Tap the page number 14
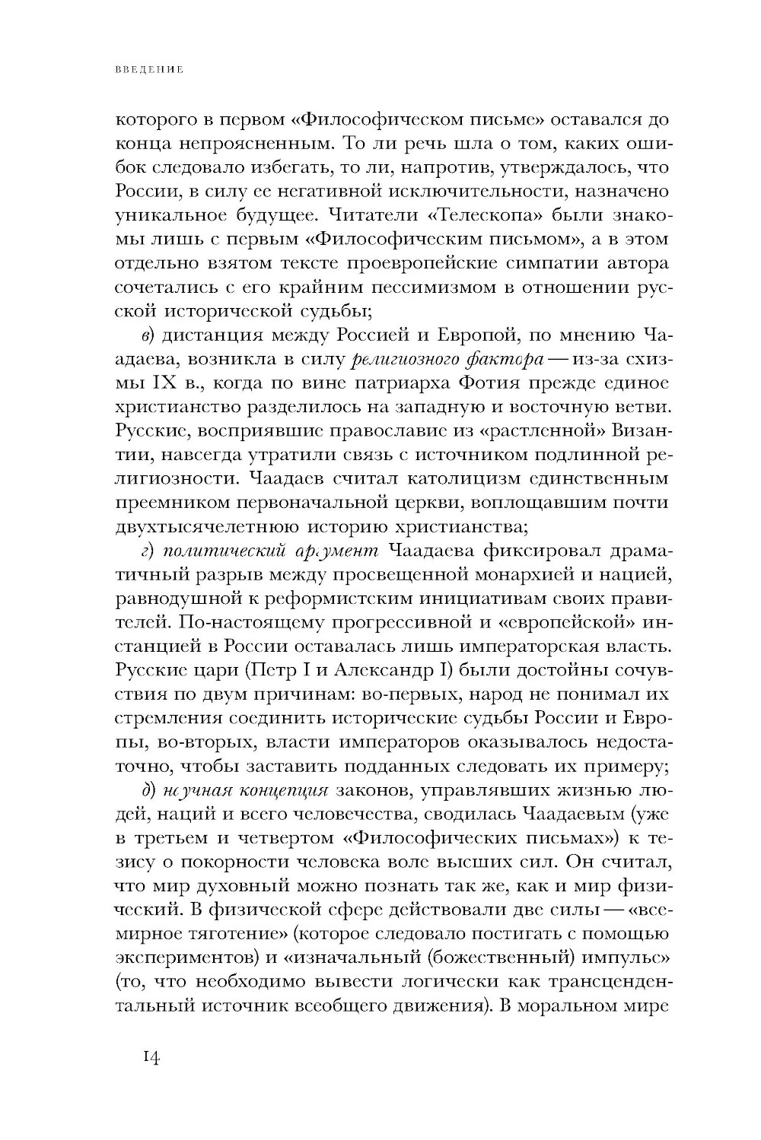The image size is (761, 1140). click(149, 1059)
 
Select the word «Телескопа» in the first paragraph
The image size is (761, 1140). click(493, 215)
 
